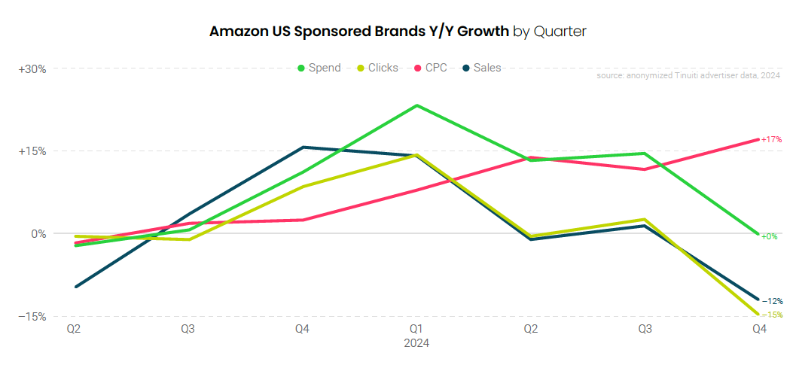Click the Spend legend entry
(319, 68)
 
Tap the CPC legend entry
(430, 68)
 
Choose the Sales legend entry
(481, 68)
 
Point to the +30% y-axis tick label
(32, 68)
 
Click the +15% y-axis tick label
(32, 151)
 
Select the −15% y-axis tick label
(32, 316)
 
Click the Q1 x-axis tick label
(416, 329)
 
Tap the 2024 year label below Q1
(416, 343)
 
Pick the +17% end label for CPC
(771, 140)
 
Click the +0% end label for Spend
(769, 236)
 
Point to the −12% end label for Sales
(771, 301)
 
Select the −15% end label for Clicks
(771, 315)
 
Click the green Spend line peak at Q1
(416, 105)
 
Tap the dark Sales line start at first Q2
(75, 287)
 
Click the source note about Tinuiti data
(688, 76)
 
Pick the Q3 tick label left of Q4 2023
(188, 329)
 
